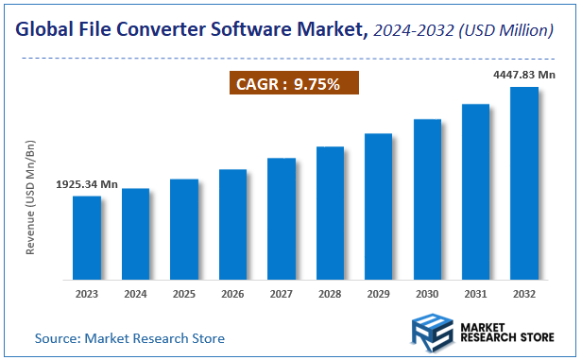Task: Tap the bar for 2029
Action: point(378,207)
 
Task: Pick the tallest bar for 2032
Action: point(524,184)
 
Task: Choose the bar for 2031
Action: point(475,193)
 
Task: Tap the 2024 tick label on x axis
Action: point(135,294)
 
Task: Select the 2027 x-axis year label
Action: point(282,294)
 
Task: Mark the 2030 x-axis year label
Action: point(427,294)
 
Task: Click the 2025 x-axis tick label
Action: point(184,294)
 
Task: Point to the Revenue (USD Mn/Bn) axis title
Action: point(30,197)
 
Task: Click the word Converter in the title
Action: point(167,30)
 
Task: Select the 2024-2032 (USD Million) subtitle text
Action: point(462,30)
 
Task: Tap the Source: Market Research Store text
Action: point(130,337)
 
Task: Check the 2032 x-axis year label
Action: point(524,294)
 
